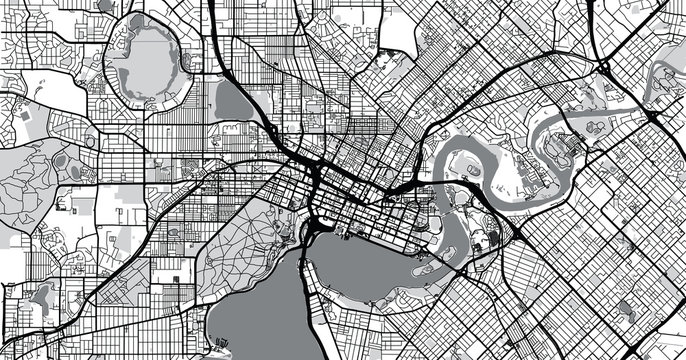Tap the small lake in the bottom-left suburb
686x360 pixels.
pos(42,295)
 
